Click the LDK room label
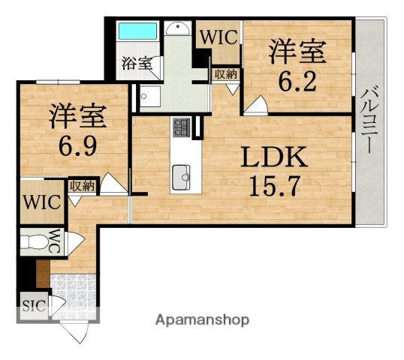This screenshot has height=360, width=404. click(274, 158)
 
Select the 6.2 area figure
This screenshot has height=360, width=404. click(297, 80)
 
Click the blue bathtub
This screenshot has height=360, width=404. click(137, 33)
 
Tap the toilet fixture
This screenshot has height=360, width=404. click(34, 242)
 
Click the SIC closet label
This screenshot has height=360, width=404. click(32, 306)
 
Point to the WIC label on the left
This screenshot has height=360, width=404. click(37, 201)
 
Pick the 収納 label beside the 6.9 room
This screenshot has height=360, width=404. click(82, 185)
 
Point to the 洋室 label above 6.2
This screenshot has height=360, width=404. click(297, 52)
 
